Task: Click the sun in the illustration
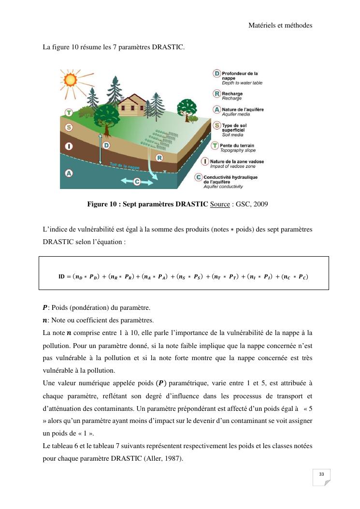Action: (x=71, y=79)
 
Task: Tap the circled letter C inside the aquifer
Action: (x=137, y=181)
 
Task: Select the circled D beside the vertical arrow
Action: (x=106, y=145)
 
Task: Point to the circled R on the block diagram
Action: (x=159, y=158)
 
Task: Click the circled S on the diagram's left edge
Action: (x=69, y=128)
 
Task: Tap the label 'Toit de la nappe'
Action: (x=123, y=166)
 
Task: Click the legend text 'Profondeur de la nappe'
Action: (x=240, y=75)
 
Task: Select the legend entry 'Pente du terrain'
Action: (x=237, y=145)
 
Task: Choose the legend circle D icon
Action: (x=217, y=73)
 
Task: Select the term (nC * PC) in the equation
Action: (x=295, y=276)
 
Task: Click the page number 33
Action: (x=321, y=475)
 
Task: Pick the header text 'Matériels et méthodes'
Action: (x=280, y=25)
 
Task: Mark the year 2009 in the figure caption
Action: (x=260, y=204)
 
